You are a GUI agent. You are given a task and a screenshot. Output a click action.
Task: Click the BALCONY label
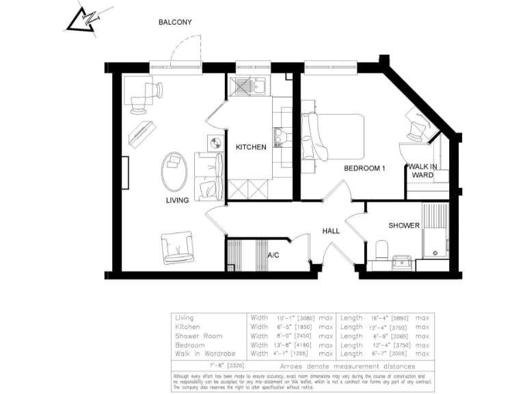click(175, 22)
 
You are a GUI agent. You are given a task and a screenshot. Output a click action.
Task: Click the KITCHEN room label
click(251, 148)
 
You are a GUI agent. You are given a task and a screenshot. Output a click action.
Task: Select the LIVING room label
click(177, 200)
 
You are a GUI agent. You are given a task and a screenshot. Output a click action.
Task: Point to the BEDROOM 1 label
click(364, 168)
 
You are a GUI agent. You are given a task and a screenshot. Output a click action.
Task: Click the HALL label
click(331, 231)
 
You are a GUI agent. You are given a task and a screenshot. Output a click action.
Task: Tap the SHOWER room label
click(404, 226)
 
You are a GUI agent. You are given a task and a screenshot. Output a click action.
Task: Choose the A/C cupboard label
click(273, 255)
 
